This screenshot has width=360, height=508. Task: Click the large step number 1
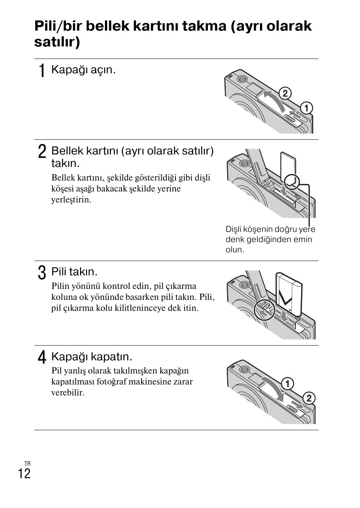click(x=42, y=71)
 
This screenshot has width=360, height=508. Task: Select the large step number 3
click(x=42, y=273)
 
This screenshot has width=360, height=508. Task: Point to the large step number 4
click(x=42, y=357)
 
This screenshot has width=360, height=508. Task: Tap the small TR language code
click(x=28, y=464)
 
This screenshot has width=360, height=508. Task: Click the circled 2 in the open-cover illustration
click(x=285, y=93)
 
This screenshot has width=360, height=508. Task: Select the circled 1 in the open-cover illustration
click(x=306, y=108)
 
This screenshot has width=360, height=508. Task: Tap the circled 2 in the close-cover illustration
click(x=309, y=398)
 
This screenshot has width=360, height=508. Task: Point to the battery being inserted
click(x=289, y=294)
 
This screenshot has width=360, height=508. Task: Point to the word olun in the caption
click(x=235, y=250)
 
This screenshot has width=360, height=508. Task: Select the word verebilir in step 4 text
click(x=68, y=392)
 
